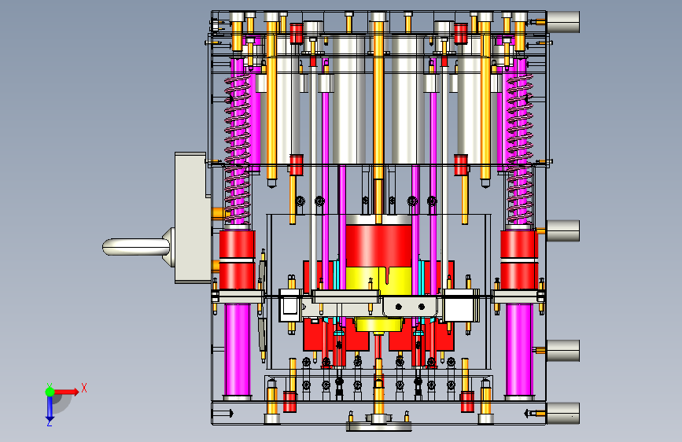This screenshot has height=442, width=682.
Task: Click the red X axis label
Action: pos(84,388)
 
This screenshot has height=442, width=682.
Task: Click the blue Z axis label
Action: pos(50,422)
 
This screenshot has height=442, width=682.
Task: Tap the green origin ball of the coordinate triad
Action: pos(50,392)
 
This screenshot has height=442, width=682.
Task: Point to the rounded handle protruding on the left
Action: pos(136,247)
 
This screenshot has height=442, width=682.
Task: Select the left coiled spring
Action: pos(238,148)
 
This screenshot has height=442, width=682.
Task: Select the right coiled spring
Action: pos(520,148)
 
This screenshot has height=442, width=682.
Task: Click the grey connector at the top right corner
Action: pos(562,22)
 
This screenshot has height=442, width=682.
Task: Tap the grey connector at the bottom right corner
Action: pos(562,413)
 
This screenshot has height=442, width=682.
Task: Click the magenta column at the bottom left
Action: pos(238,350)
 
